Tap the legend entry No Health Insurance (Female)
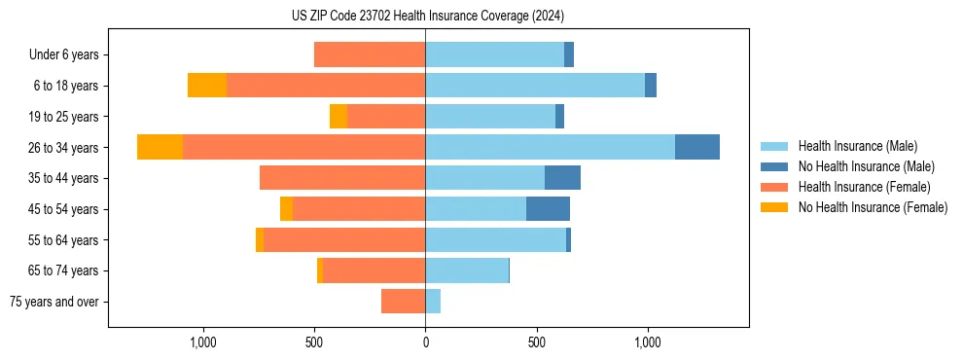(x=873, y=207)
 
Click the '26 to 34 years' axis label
(x=64, y=148)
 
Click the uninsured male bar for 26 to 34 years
(x=697, y=147)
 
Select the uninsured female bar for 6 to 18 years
(x=207, y=86)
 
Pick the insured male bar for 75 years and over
(x=433, y=302)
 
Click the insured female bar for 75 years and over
(x=403, y=302)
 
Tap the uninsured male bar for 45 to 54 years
(x=548, y=209)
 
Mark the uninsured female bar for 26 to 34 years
(x=160, y=147)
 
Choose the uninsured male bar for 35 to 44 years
(x=562, y=178)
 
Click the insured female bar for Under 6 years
(x=370, y=54)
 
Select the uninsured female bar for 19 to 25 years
(x=339, y=117)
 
